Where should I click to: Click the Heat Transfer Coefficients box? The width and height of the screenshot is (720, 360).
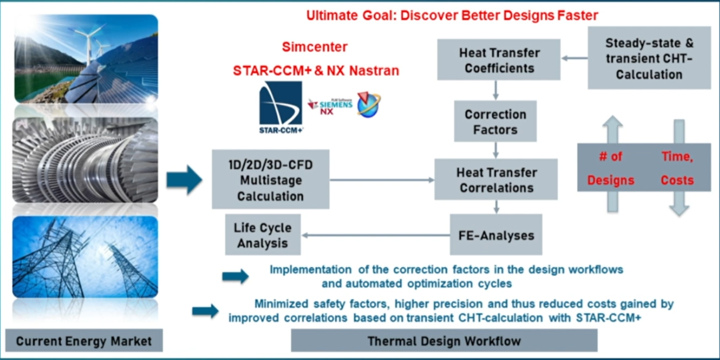(498, 60)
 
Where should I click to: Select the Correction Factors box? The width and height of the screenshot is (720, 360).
(495, 122)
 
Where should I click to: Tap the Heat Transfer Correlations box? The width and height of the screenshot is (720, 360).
(496, 180)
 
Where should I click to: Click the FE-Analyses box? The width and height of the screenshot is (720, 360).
(496, 235)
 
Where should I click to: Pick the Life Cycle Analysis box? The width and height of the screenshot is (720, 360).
(263, 235)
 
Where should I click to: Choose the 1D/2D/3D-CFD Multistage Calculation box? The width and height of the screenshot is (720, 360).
(271, 179)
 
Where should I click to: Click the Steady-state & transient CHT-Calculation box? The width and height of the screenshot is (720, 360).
(649, 59)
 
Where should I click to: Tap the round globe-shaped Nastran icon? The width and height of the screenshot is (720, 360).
(369, 104)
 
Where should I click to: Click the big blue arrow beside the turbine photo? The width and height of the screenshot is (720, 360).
(184, 180)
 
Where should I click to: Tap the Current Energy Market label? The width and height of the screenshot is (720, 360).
(84, 342)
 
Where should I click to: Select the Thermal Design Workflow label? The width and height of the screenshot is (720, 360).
(444, 341)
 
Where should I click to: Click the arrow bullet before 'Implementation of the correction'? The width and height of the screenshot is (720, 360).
(235, 276)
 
